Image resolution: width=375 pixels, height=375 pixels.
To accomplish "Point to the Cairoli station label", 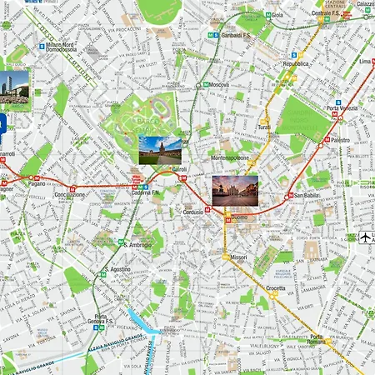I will [179, 169].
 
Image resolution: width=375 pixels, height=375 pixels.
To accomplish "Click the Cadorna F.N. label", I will [144, 192].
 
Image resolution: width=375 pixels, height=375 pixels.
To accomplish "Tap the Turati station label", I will [264, 127].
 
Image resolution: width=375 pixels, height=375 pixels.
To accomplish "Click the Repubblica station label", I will [296, 63].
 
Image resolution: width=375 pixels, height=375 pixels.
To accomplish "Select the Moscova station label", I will [219, 85].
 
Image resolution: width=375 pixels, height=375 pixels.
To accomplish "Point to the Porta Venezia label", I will [343, 109].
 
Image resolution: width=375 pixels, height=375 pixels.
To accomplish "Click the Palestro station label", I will [340, 140].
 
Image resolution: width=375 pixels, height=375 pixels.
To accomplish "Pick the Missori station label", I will [238, 257].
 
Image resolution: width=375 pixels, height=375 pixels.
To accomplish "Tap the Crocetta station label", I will [275, 288].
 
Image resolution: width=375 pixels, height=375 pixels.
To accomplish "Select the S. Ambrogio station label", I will [137, 245].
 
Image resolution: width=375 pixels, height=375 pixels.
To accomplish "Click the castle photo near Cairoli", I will [160, 149].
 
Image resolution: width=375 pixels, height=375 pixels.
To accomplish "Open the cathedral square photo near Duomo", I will [234, 191].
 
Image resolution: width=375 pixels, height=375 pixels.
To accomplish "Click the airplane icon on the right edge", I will [366, 238].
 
